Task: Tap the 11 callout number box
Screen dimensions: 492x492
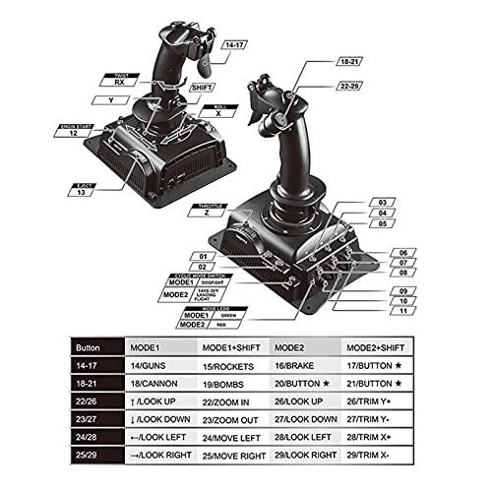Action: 402,311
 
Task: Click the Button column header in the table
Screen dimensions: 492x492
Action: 92,347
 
